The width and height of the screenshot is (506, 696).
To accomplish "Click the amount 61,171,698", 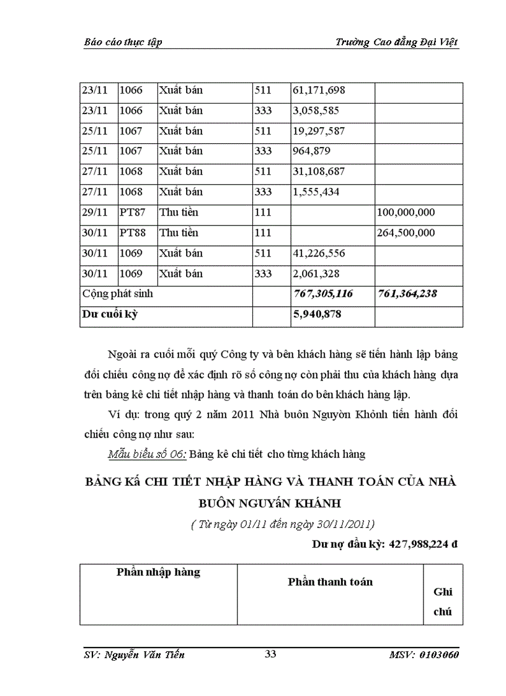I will coord(319,90).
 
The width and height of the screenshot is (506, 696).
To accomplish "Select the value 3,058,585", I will coord(316,111).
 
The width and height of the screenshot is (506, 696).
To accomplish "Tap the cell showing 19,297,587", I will coord(319,131).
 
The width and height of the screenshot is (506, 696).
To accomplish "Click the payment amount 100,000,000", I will coord(406,213).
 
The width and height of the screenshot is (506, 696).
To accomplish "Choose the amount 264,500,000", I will coord(406,233).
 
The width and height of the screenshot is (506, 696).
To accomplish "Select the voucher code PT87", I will coord(132,213).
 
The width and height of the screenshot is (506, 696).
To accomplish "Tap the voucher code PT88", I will coord(132,233).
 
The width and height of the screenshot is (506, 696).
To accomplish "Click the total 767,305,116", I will coord(322,294).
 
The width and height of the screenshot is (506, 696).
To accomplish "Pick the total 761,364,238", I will coord(407,294).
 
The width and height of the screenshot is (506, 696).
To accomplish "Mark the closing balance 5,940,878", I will coord(316,314).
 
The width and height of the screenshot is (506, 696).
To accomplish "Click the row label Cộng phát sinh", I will coord(118,294).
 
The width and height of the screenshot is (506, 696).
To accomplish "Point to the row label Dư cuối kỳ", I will coord(110,314).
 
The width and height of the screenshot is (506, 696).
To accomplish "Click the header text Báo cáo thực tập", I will coord(122,42).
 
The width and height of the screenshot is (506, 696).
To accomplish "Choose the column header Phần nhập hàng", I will coord(158,572).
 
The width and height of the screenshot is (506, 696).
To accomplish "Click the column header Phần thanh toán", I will coord(330,582).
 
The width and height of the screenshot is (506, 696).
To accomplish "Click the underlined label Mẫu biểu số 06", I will coord(146,454).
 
